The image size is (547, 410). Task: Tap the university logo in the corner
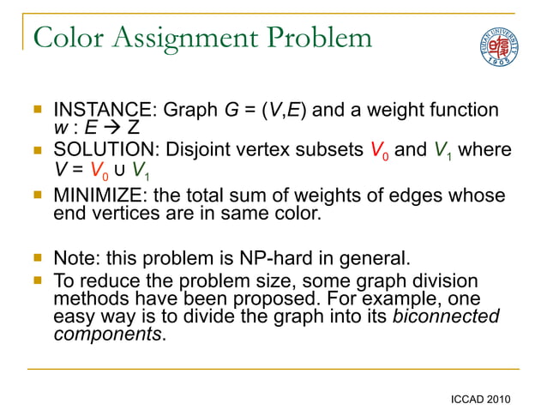[x=496, y=46]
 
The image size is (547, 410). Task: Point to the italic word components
[x=106, y=334]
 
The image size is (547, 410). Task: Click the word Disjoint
[x=195, y=151]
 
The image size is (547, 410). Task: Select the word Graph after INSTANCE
[x=191, y=111]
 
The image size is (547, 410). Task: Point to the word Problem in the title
[x=321, y=38]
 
